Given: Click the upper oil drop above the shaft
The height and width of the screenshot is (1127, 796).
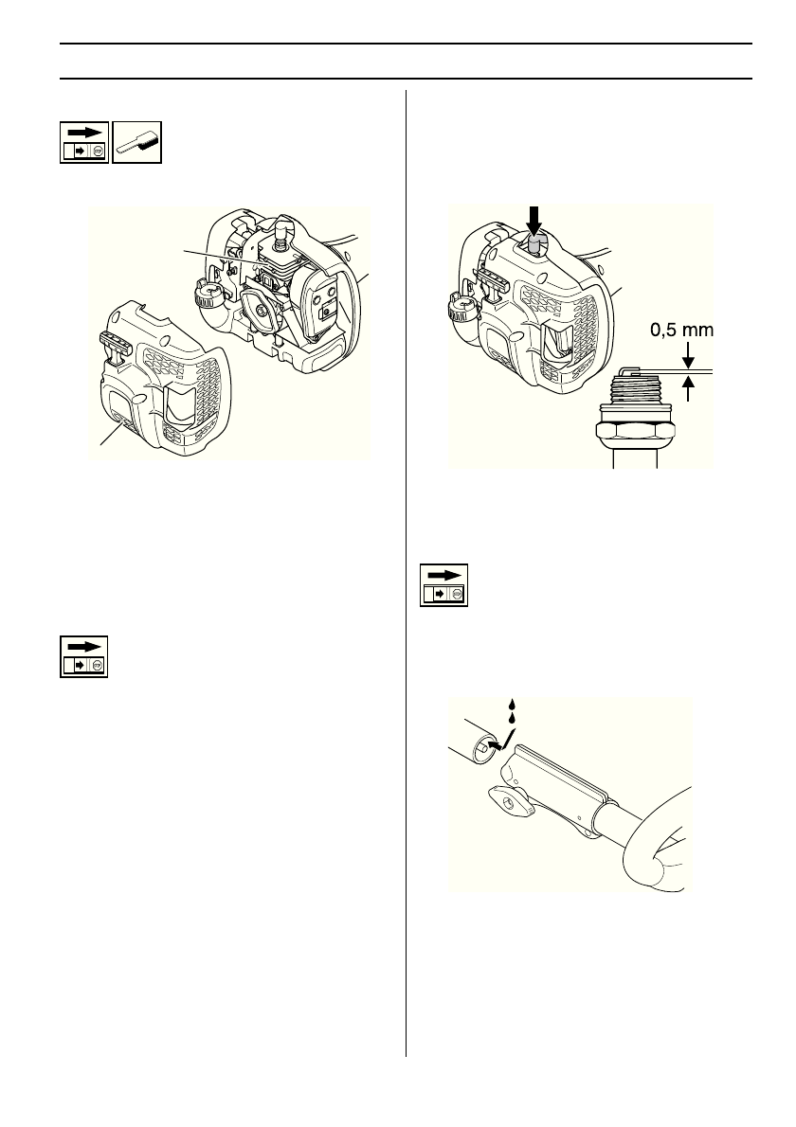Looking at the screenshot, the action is [x=512, y=706].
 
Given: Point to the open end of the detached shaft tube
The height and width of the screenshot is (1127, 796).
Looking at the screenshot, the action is [x=484, y=747].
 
